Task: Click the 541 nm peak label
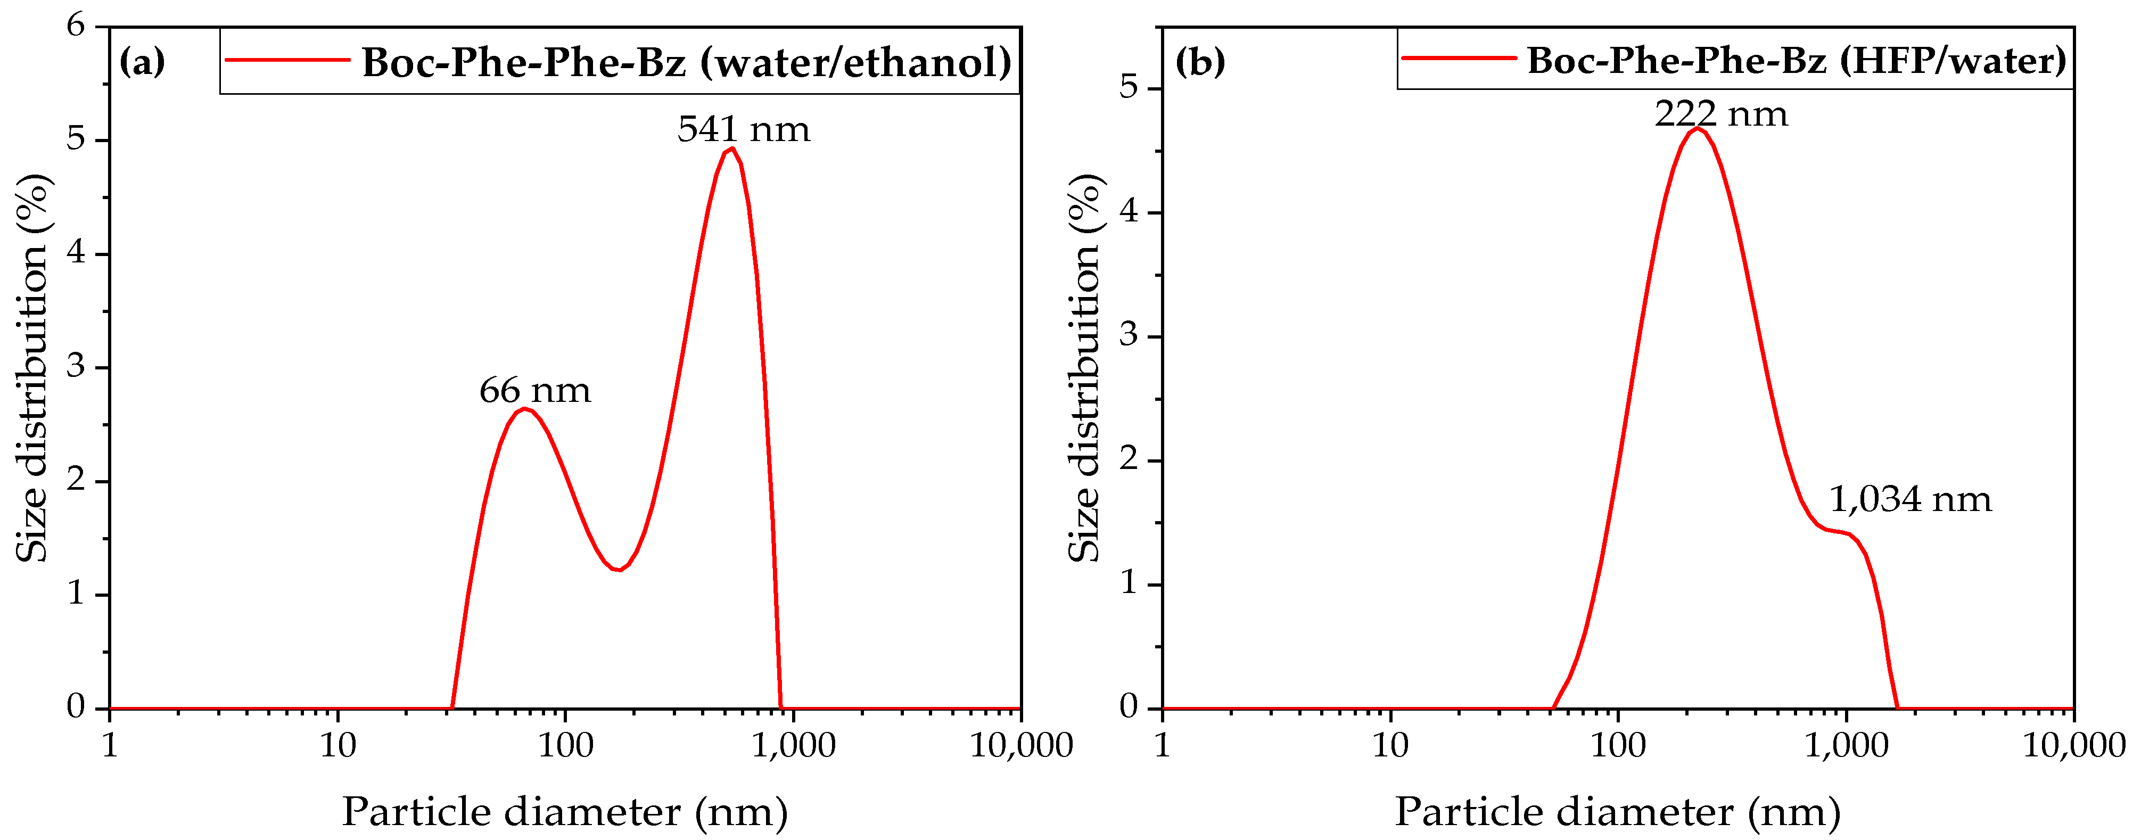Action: coord(743,129)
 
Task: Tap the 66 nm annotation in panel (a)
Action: coord(534,391)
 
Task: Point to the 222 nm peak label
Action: coord(1720,114)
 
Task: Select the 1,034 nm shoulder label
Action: coord(1910,499)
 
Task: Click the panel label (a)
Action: coord(142,62)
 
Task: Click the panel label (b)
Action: coord(1199,62)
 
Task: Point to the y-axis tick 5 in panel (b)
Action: coord(1128,87)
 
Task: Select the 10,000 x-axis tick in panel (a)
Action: coord(1020,745)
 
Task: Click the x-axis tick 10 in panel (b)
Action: coord(1390,745)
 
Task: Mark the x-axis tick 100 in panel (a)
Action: coord(565,745)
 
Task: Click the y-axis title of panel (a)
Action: coord(33,367)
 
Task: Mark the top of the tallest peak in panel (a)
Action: coord(731,149)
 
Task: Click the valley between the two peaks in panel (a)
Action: coord(619,569)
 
